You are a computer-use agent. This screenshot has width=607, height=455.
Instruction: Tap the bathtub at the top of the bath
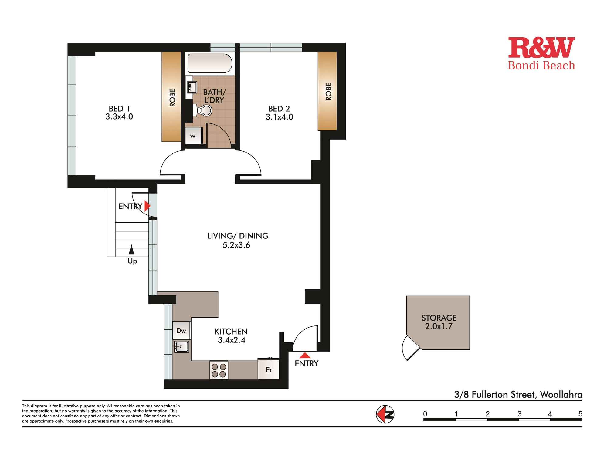(x=209, y=63)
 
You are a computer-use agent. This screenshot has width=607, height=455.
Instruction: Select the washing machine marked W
(x=193, y=136)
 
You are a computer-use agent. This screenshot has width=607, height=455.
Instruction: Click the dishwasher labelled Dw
(x=181, y=330)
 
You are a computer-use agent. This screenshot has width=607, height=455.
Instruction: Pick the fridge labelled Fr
(x=269, y=369)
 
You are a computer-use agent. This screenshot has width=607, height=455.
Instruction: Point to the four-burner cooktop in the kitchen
(x=219, y=370)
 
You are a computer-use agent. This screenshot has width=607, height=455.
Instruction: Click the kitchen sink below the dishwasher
(x=181, y=346)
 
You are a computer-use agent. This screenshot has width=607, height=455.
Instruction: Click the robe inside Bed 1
(x=171, y=97)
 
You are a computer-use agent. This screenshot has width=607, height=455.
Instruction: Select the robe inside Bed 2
(x=327, y=91)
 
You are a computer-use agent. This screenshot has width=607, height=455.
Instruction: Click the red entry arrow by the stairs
(x=147, y=206)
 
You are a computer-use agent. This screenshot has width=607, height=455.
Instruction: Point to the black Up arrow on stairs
(x=131, y=250)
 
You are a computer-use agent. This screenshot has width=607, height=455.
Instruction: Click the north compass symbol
(x=385, y=414)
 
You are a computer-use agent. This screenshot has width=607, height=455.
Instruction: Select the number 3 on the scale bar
(x=519, y=414)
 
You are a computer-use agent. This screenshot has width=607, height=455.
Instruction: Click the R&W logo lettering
(x=541, y=48)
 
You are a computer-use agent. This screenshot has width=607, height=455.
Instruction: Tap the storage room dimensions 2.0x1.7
(x=439, y=326)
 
